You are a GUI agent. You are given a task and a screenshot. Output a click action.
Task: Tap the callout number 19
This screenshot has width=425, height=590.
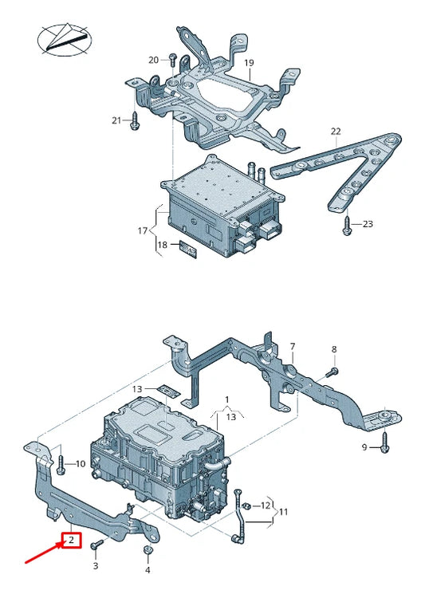point(249,63)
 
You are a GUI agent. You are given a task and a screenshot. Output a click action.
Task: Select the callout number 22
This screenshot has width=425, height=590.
point(336,131)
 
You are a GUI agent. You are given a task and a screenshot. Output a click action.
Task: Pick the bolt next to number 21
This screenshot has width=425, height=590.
point(134,120)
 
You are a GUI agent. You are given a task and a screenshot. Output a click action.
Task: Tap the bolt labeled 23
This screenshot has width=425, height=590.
point(346,225)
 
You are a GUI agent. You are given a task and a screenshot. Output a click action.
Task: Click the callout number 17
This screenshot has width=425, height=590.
point(143,231)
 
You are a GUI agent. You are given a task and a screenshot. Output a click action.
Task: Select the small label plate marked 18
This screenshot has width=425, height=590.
point(187,249)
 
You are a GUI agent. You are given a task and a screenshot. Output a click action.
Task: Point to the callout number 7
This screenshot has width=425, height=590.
point(293,347)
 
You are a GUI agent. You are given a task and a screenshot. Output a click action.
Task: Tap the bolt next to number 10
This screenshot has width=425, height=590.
point(60,463)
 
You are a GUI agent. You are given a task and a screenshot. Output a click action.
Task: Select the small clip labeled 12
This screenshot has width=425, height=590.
point(247,505)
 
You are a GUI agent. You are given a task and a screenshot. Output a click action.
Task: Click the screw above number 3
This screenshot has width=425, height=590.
point(96,545)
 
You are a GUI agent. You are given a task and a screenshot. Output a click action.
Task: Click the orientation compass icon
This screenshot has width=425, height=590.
point(61,38)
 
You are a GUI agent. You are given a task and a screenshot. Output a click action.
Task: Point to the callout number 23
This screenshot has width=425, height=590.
point(367,224)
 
